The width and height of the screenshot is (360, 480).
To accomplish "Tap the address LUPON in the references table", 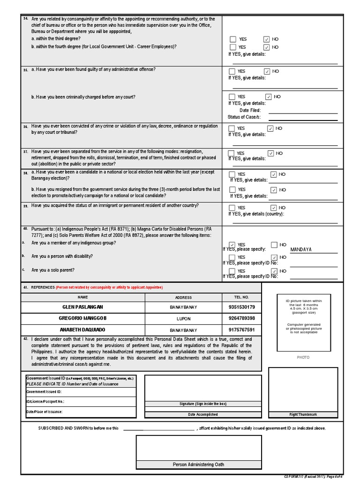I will pyautogui.click(x=183, y=318).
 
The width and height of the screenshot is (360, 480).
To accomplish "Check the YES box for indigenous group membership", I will pyautogui.click(x=232, y=245).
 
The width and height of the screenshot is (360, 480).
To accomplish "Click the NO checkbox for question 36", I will pyautogui.click(x=270, y=128).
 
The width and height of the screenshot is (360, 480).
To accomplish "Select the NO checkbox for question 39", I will pyautogui.click(x=274, y=208).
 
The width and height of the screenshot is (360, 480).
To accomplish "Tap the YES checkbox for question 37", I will pyautogui.click(x=231, y=153).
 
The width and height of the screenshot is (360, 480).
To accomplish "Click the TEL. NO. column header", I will pyautogui.click(x=241, y=297).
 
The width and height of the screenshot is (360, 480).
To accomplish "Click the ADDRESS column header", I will pyautogui.click(x=183, y=297).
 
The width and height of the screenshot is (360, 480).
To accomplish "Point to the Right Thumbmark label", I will pyautogui.click(x=303, y=414).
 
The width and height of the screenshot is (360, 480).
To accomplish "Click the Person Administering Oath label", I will pyautogui.click(x=198, y=465).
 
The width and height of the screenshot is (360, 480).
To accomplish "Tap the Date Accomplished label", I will pyautogui.click(x=202, y=414).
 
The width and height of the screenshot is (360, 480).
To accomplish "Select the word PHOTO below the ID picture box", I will pyautogui.click(x=303, y=357).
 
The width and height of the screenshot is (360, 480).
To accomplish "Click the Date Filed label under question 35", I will pyautogui.click(x=250, y=110).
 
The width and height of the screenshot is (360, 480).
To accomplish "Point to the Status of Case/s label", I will pyautogui.click(x=244, y=117).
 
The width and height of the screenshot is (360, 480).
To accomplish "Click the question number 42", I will pyautogui.click(x=25, y=338).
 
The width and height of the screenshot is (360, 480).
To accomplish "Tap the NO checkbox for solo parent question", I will pyautogui.click(x=274, y=271).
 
